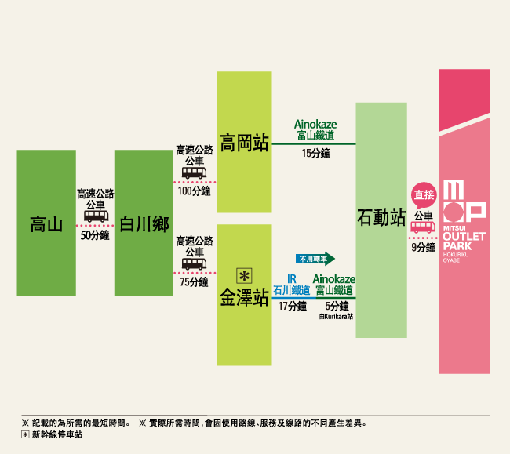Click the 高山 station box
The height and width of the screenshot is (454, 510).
pos(46,223)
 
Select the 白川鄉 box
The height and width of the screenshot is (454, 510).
pos(144,223)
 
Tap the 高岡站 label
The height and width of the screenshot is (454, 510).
pos(244,143)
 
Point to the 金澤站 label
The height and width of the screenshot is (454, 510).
pos(244,296)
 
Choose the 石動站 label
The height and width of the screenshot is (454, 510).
pos(381,217)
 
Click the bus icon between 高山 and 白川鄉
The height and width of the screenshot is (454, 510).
pos(97,216)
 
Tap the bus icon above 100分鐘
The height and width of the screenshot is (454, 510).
pos(194,173)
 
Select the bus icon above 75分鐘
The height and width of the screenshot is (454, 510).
pos(194,263)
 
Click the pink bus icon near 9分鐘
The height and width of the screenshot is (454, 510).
pos(423,227)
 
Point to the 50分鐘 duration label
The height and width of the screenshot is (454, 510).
pos(95,235)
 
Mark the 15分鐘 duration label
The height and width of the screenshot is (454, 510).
pos(316,153)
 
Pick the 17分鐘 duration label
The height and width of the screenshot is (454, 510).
pos(293,306)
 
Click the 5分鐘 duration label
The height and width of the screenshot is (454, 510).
pos(337,306)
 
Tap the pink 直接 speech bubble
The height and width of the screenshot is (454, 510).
pos(424,195)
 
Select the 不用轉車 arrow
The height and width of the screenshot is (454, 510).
pos(315,259)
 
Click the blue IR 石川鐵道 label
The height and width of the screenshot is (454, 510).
pos(292,285)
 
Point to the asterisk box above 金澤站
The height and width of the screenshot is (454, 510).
pos(244,276)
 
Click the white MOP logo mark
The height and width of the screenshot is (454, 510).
pos(464,202)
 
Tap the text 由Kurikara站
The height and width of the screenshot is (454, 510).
pos(336,317)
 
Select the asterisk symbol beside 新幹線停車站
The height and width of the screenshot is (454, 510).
pos(25,434)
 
